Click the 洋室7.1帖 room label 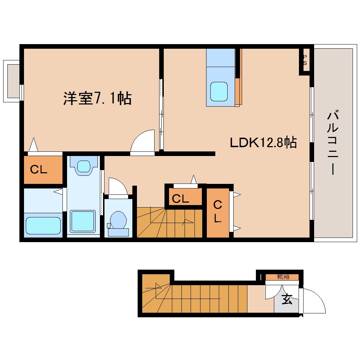tap(97, 98)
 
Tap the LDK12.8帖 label tap(263, 143)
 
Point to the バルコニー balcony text tap(333, 143)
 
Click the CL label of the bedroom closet tap(38, 170)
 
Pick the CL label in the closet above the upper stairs tap(180, 199)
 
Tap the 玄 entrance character tap(287, 300)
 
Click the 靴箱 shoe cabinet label tap(283, 277)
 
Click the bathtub tap(43, 225)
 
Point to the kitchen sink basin tap(219, 91)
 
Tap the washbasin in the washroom tap(84, 166)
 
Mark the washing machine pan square tap(83, 221)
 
